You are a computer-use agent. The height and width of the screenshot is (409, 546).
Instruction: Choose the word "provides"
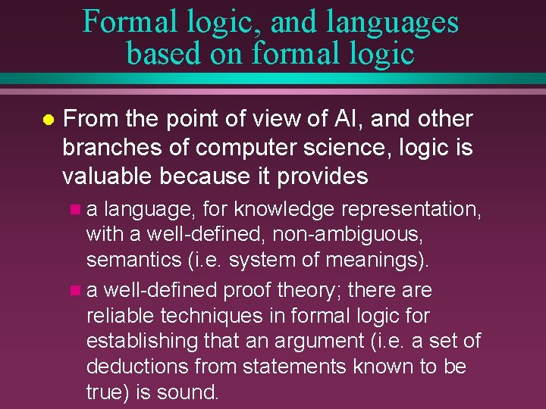click(322, 176)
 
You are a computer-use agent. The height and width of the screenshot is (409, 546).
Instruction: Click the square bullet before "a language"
click(73, 208)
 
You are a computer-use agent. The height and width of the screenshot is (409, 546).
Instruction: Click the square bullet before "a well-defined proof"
click(73, 290)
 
